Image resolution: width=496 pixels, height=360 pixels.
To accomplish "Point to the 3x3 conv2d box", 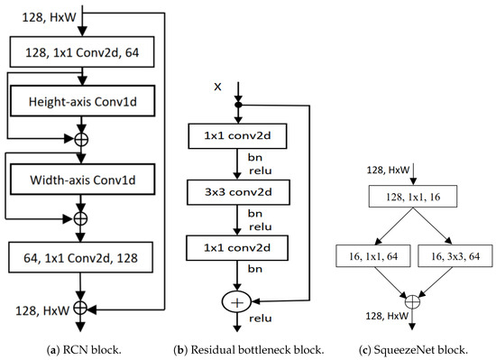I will coord(238,191).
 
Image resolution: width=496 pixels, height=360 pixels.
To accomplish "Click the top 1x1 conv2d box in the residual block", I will coord(238,136).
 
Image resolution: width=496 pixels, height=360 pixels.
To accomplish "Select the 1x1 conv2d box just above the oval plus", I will coord(238,246).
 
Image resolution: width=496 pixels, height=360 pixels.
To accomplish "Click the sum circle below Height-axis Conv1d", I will coord(82,141).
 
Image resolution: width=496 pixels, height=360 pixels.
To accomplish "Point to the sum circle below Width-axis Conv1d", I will coord(82,218).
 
